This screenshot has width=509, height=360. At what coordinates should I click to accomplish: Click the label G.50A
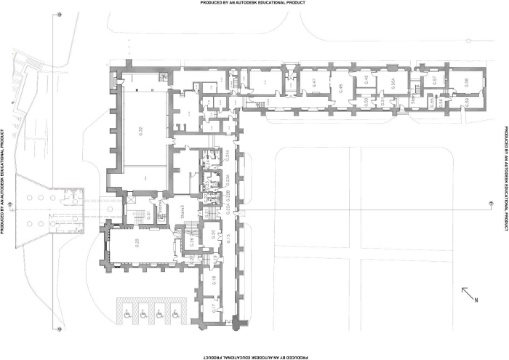tap(393, 84)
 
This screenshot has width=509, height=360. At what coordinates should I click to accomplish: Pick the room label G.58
tap(466, 83)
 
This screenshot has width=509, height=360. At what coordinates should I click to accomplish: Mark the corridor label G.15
tap(228, 239)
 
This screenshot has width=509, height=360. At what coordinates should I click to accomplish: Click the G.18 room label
tap(214, 279)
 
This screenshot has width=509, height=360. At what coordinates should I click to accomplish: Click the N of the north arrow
tap(476, 300)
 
